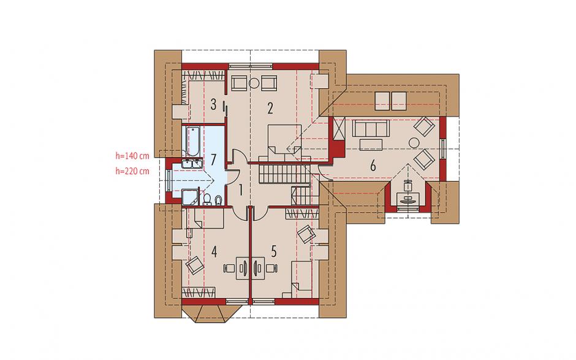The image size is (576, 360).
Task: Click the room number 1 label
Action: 241,190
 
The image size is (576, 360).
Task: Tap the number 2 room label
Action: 270,108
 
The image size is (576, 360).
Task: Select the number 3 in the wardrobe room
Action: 213,105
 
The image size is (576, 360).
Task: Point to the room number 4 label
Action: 214,252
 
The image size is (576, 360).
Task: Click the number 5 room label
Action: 274,251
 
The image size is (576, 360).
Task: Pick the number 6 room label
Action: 373,166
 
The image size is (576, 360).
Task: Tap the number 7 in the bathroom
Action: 213,159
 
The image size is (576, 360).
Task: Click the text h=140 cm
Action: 132,156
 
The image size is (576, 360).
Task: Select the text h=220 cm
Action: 132,171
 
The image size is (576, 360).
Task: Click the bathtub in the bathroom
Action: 193,141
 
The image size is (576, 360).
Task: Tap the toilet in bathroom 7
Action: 218,200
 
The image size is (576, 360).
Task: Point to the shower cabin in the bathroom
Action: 191,197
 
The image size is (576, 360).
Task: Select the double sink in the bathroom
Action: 192,164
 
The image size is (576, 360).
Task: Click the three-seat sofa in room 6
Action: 370,128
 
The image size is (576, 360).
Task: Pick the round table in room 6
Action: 415,142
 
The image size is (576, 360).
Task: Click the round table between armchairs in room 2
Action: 254,83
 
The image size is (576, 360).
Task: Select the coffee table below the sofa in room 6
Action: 371,145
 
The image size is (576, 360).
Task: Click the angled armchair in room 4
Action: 195,264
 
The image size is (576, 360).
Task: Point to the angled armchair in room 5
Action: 306,234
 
